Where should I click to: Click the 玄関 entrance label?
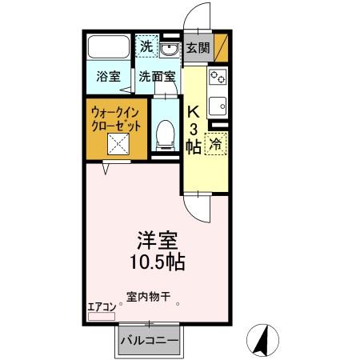click(x=198, y=48)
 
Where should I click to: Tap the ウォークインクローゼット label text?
click(x=118, y=121)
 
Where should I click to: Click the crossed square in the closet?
click(x=118, y=146)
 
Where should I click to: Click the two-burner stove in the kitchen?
click(x=218, y=78)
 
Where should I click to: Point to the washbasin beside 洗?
click(x=169, y=49)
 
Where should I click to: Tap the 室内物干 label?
click(x=148, y=295)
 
